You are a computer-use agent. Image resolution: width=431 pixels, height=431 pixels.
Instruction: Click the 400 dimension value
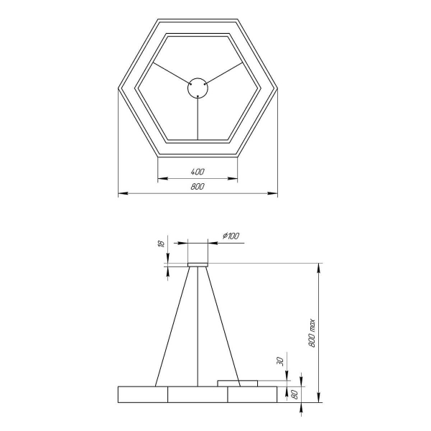coord(198,172)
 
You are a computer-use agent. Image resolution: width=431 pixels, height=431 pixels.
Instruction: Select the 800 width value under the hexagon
coord(198,187)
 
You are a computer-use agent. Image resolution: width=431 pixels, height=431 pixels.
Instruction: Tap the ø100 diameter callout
coord(231,236)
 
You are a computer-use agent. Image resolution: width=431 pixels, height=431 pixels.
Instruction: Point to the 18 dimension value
coord(162,244)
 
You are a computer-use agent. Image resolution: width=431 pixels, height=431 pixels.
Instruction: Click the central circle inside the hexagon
coord(198,88)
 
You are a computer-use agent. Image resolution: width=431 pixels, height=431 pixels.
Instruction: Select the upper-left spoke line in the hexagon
coord(170,74)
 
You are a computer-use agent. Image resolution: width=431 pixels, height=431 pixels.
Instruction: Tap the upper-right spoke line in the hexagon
coord(226,74)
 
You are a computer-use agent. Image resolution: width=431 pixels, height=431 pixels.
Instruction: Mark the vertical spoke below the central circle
coord(198,118)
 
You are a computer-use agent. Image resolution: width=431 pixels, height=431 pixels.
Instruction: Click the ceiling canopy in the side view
coord(198,264)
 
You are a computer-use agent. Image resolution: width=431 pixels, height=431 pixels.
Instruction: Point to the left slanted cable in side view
coord(172,327)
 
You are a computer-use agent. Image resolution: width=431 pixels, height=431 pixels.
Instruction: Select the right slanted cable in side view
coord(223,327)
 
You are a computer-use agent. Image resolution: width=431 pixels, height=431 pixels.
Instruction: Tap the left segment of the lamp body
coord(143,394)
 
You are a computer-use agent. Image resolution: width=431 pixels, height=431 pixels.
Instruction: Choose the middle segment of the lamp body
coord(198,394)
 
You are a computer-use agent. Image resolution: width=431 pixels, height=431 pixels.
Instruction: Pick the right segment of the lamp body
coord(252,394)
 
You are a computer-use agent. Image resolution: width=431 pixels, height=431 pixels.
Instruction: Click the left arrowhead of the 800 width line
coord(121,193)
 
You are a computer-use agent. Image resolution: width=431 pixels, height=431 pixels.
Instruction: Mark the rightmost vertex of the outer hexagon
coord(278,88)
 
